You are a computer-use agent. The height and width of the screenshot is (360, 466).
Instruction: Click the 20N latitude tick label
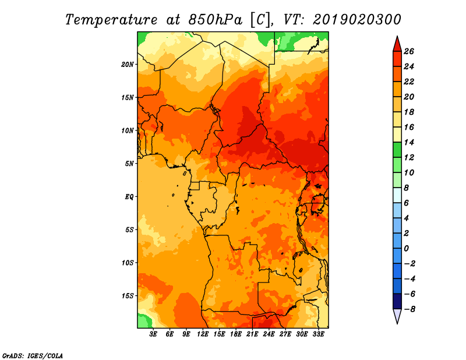[x=128, y=65]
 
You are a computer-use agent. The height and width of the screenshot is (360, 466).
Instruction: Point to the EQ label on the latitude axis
[x=129, y=197]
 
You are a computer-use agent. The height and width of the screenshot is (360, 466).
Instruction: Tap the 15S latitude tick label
[x=128, y=296]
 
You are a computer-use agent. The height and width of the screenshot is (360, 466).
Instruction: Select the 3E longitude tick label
[x=153, y=334]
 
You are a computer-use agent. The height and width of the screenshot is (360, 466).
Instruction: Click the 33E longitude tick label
[x=318, y=334]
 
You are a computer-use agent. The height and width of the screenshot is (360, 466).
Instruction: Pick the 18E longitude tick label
[x=236, y=334]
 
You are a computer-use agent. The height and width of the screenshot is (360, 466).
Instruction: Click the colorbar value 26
[x=409, y=51]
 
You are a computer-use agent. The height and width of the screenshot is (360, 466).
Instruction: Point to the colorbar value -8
[x=409, y=309]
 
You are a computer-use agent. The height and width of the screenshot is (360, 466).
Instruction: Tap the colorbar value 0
[x=407, y=249]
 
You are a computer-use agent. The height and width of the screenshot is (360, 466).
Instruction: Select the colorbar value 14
[x=409, y=142]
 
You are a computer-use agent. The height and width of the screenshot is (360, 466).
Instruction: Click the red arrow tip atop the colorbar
[x=397, y=36]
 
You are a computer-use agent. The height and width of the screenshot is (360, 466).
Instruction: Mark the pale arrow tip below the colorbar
[x=397, y=323]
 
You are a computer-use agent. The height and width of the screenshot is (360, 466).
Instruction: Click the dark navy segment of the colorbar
[x=397, y=301]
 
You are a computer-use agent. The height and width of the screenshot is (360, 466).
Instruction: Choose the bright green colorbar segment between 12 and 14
[x=397, y=150]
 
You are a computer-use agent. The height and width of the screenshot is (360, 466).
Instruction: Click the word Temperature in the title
[x=111, y=20]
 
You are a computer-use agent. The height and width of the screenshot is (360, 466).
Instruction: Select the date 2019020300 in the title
[x=357, y=20]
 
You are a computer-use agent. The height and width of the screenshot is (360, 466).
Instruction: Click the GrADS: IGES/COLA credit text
[x=33, y=356]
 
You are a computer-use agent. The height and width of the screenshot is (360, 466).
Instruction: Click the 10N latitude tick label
[x=128, y=130]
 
